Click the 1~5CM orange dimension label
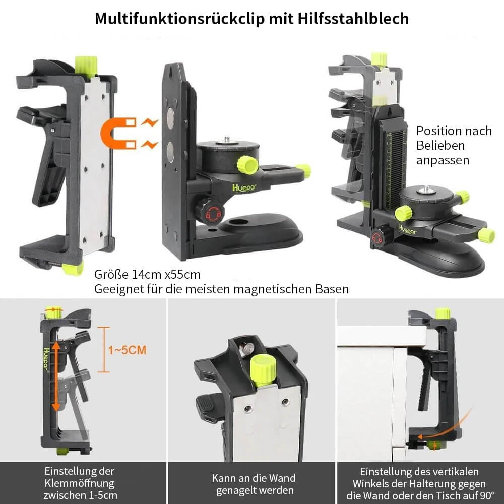(x=127, y=349)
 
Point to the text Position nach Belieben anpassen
(x=453, y=145)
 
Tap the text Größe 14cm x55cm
(x=147, y=275)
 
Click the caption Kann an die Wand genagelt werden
(x=253, y=484)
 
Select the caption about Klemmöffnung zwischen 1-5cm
(x=81, y=483)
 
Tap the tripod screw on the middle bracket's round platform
(x=227, y=138)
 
